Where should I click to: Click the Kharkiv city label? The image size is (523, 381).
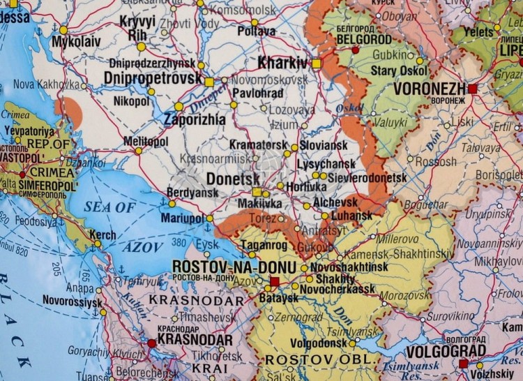tap(282, 63)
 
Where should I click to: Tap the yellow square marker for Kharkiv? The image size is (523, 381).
tap(316, 63)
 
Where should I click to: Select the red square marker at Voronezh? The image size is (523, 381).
tap(473, 89)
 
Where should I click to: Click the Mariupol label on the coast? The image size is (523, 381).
tap(182, 218)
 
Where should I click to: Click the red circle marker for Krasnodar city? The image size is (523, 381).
tap(151, 343)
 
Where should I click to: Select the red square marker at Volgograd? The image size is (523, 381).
tap(463, 364)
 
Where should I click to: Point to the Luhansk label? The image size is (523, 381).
tap(352, 216)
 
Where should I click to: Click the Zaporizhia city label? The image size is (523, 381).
tap(195, 119)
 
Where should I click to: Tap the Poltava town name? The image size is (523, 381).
tap(257, 31)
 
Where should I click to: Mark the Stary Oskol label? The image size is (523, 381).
tap(393, 70)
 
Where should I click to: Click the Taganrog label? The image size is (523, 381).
tap(263, 245)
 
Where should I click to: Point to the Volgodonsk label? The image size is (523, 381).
tap(319, 343)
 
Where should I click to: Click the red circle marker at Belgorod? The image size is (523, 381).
tap(355, 50)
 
